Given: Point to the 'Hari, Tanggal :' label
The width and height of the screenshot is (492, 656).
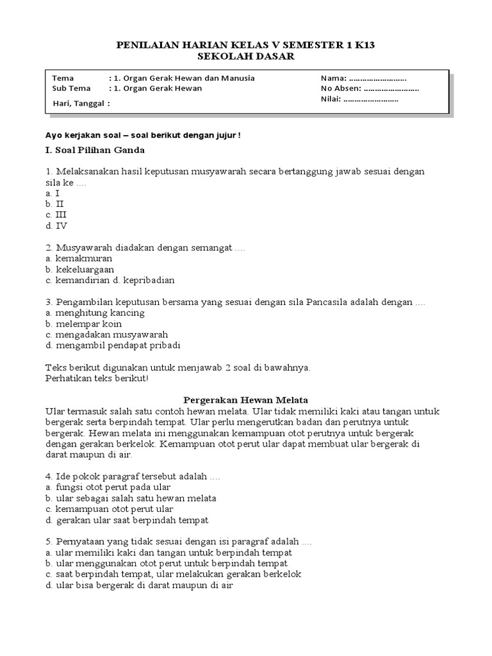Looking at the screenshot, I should (x=81, y=103).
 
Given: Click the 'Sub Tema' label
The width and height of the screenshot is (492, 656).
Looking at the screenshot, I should (x=71, y=88).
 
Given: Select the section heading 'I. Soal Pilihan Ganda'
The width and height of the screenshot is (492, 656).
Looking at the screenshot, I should (x=95, y=150).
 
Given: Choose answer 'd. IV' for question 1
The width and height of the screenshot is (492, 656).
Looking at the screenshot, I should (x=56, y=225).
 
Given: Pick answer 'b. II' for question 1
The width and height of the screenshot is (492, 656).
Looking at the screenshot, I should (x=56, y=204).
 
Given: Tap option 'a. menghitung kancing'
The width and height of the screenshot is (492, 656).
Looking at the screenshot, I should (x=95, y=313).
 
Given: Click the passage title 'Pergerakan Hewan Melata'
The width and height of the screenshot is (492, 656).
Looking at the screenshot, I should (x=246, y=398).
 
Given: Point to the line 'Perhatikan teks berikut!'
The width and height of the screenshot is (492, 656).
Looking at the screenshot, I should (x=96, y=378).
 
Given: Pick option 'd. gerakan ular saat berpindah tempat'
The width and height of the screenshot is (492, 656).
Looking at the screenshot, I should (x=127, y=520).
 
